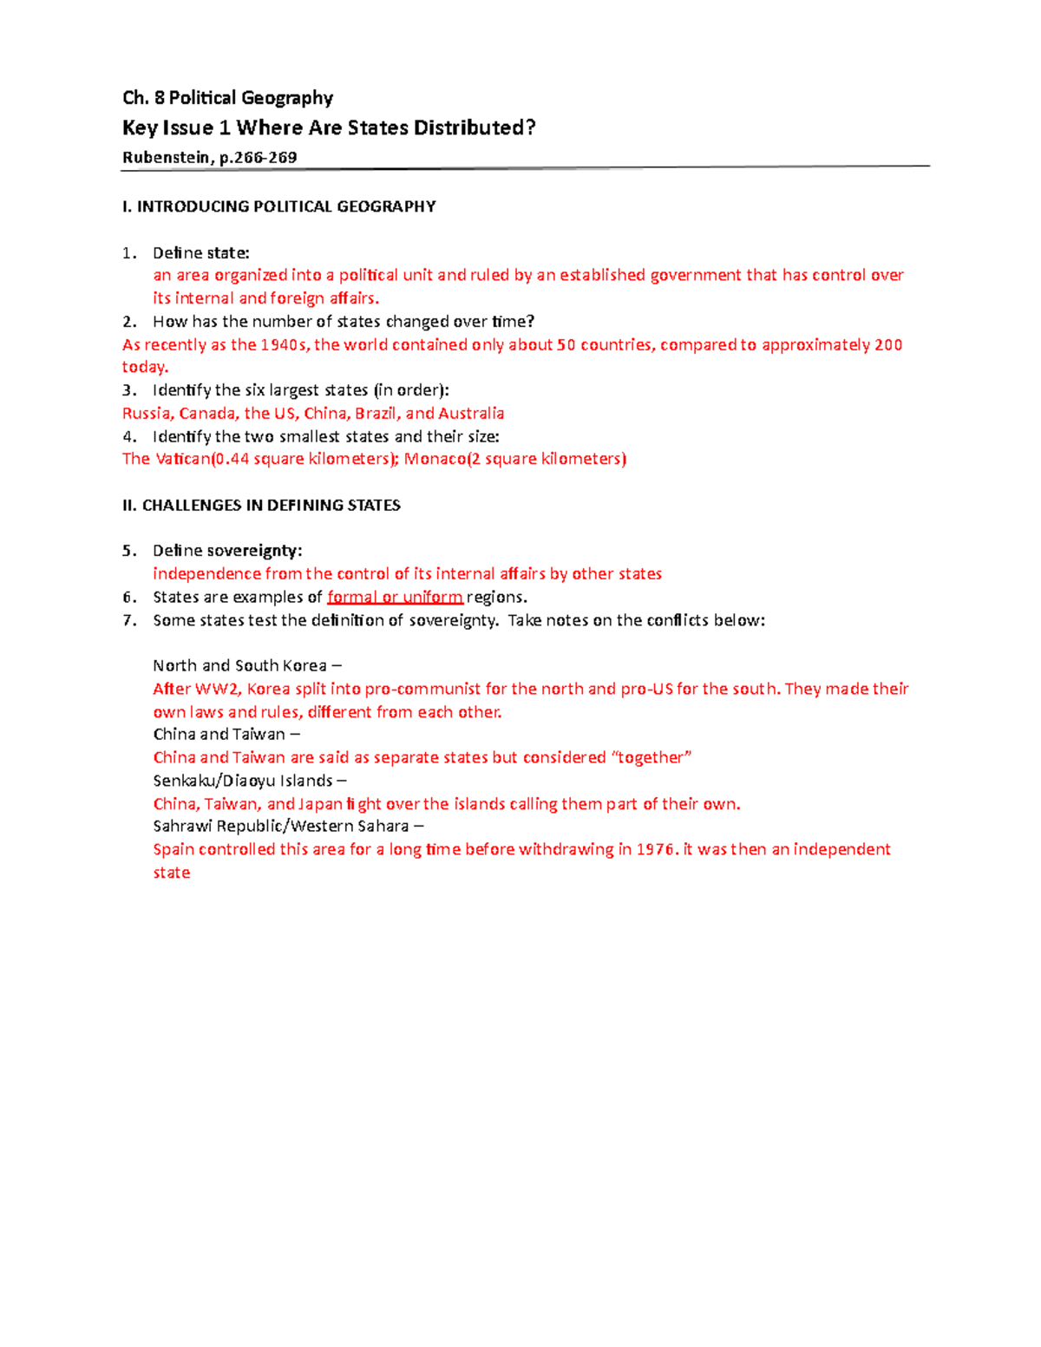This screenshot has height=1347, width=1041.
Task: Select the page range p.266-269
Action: [259, 157]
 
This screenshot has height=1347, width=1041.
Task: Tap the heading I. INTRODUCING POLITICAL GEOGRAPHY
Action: [278, 206]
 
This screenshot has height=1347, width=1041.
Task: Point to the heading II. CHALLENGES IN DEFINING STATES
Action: [261, 505]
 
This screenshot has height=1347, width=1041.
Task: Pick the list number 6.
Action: [128, 597]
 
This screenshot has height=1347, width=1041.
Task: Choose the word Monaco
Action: [435, 459]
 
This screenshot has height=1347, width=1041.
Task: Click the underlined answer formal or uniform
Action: [395, 597]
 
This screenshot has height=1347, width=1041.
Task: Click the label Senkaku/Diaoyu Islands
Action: [243, 781]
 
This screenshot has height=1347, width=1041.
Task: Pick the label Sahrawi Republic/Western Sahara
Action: [280, 826]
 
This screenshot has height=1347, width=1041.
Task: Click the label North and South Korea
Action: [239, 665]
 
